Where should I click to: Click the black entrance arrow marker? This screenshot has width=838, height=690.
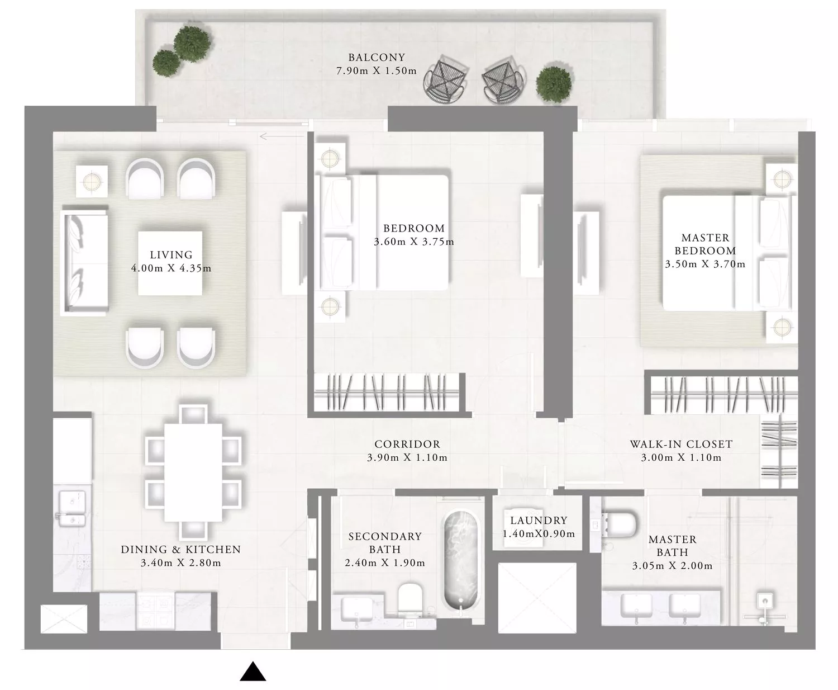(253, 672)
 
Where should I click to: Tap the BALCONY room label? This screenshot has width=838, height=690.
(377, 58)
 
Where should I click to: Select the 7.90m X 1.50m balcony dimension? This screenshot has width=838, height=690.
(377, 71)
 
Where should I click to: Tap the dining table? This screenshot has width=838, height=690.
(193, 472)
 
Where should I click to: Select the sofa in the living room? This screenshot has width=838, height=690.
(84, 261)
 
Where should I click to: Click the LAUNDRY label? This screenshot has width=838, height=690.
(539, 520)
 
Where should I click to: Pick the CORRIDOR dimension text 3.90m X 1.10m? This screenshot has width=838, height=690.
(407, 458)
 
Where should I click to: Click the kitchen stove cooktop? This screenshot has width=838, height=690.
(155, 611)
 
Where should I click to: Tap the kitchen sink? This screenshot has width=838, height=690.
(72, 509)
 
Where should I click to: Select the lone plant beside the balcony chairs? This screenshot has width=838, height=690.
(553, 84)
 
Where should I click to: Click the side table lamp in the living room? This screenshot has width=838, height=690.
(92, 182)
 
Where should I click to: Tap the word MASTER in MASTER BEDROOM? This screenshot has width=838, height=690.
(705, 238)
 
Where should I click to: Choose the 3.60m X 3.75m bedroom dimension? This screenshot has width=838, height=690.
(413, 242)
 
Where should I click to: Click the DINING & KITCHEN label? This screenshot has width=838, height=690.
(181, 550)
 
